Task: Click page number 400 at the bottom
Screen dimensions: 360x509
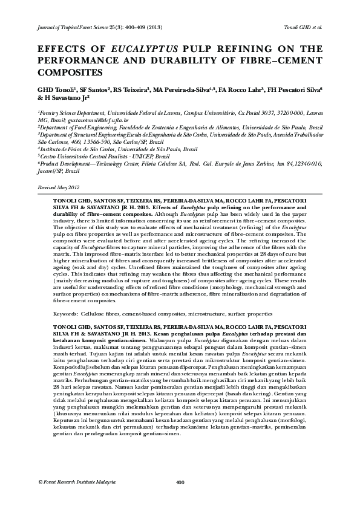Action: pos(180,482)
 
